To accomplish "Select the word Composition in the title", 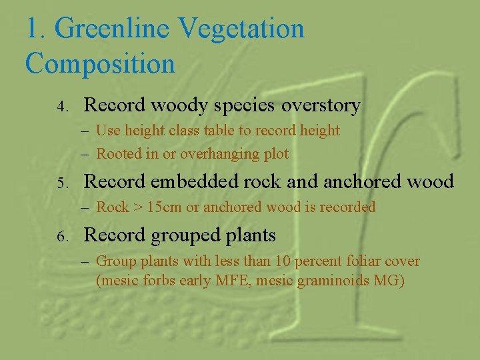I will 100,64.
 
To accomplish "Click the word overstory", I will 321,105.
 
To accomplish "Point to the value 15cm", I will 164,207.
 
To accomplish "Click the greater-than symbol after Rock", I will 137,207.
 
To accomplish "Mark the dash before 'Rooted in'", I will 86,154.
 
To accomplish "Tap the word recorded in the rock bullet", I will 348,207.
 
